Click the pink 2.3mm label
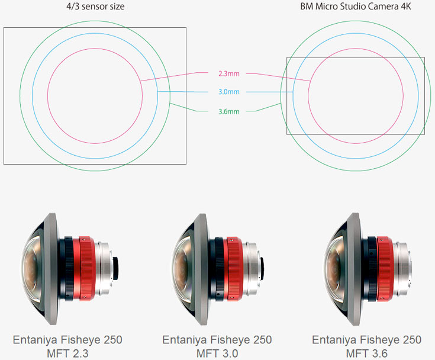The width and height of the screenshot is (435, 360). click(x=229, y=74)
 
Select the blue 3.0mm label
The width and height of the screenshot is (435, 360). click(x=229, y=92)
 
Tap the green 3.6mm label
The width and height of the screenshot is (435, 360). click(x=229, y=111)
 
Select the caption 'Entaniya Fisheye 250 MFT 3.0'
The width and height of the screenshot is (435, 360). click(x=217, y=346)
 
